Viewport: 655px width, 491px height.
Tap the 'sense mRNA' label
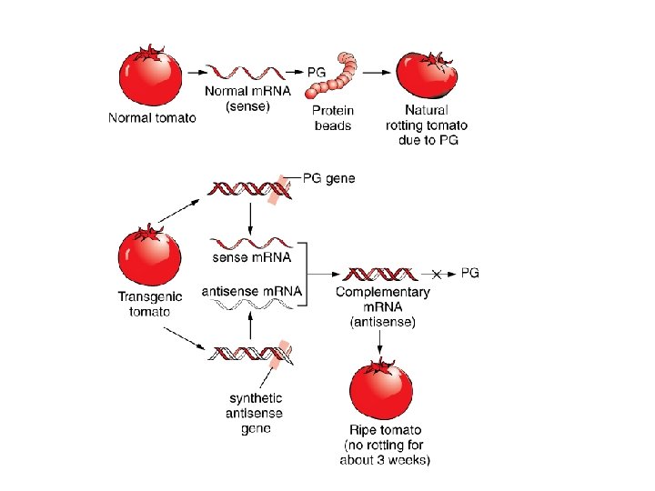point(251,257)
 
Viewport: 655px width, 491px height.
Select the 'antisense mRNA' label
point(251,291)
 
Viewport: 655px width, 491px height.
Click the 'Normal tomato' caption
point(152,117)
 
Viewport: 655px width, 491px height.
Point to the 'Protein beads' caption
point(333,118)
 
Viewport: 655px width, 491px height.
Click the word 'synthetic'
point(256,398)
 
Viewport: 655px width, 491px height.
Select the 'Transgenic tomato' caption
point(150,304)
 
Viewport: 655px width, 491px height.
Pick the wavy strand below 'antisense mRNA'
point(250,307)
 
